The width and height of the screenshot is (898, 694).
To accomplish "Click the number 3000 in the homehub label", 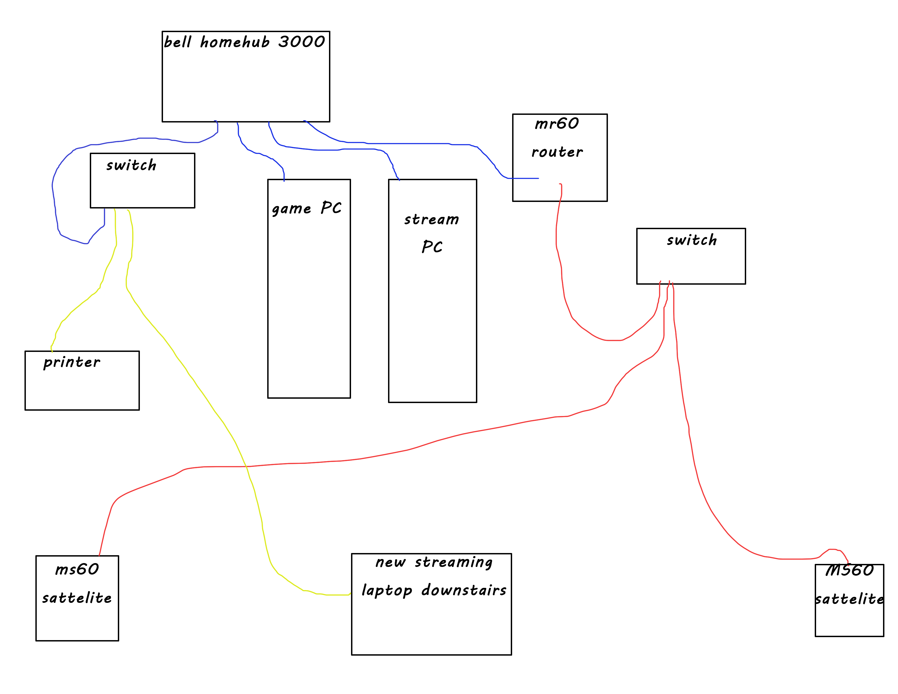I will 302,42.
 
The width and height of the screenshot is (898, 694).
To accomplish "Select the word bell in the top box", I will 178,42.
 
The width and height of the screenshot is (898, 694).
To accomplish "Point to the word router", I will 557,152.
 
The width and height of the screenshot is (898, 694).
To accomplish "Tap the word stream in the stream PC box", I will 431,220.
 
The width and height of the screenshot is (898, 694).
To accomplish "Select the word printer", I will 72,363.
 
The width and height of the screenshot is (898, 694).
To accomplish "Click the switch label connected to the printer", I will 131,165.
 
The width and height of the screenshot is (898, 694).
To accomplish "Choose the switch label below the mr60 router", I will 691,240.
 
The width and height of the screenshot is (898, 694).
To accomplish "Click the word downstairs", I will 464,590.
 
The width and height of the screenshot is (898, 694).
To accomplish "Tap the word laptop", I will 386,591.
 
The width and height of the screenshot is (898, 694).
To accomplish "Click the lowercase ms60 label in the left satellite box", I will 77,569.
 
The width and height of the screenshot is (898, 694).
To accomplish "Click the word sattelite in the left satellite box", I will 77,598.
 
